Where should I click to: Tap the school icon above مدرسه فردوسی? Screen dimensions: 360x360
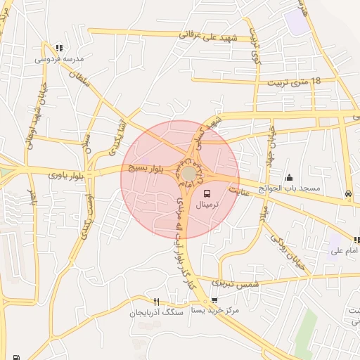click(x=58, y=49)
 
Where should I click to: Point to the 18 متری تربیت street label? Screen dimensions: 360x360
click(x=294, y=82)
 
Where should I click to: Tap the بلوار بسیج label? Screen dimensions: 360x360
click(x=146, y=168)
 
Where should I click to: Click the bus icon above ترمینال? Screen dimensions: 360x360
click(x=207, y=193)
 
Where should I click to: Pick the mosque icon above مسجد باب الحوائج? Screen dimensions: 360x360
click(x=289, y=178)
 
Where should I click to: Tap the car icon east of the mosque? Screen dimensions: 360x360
click(x=348, y=193)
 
